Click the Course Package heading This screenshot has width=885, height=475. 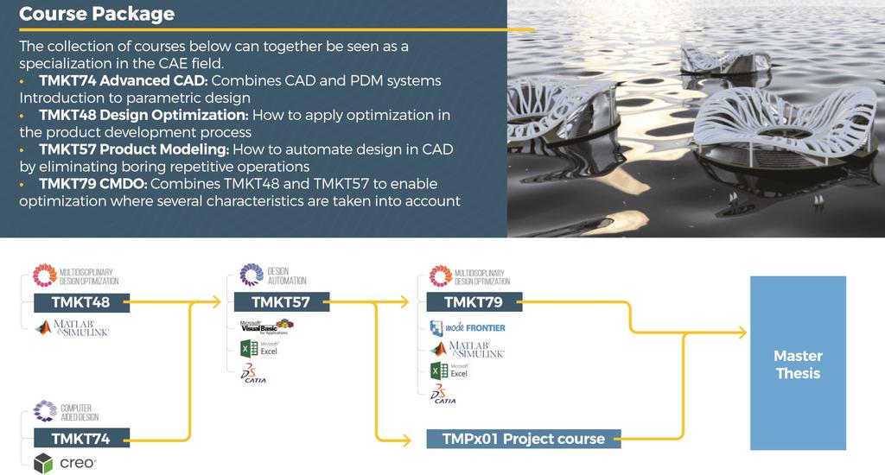pyautogui.click(x=97, y=14)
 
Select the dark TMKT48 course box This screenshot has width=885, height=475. pyautogui.click(x=81, y=302)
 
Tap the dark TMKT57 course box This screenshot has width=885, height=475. pyautogui.click(x=281, y=302)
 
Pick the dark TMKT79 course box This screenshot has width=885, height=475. pyautogui.click(x=474, y=302)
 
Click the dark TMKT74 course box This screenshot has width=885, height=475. pyautogui.click(x=81, y=439)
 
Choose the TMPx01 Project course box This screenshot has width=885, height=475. pyautogui.click(x=523, y=439)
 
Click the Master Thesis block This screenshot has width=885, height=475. pyautogui.click(x=798, y=363)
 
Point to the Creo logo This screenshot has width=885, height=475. pyautogui.click(x=65, y=463)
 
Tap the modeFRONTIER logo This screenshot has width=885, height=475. pyautogui.click(x=468, y=328)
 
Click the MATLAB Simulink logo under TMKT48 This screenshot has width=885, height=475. pyautogui.click(x=73, y=328)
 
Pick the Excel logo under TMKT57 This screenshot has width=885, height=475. pyautogui.click(x=259, y=348)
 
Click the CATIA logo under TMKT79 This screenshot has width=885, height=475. pyautogui.click(x=443, y=394)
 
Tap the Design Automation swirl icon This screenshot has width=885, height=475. pyautogui.click(x=251, y=275)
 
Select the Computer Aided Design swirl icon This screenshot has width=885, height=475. pyautogui.click(x=45, y=411)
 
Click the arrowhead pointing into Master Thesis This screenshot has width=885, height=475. pyautogui.click(x=741, y=332)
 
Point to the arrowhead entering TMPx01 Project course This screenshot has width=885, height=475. pyautogui.click(x=405, y=440)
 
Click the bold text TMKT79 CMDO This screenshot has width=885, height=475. pyautogui.click(x=93, y=184)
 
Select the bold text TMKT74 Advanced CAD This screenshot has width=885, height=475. pyautogui.click(x=124, y=80)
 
